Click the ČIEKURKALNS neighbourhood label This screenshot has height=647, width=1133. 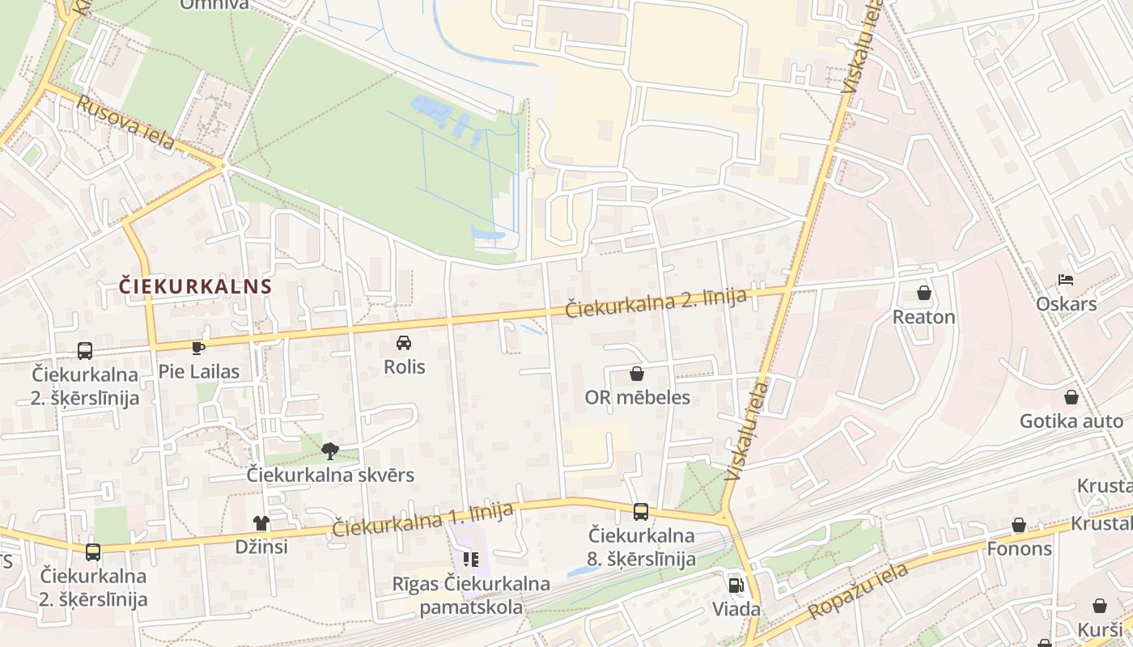pyautogui.click(x=195, y=286)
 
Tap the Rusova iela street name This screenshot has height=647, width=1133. pyautogui.click(x=125, y=123)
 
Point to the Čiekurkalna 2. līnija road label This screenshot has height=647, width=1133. pyautogui.click(x=655, y=302)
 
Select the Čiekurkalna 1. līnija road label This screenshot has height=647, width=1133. pyautogui.click(x=422, y=519)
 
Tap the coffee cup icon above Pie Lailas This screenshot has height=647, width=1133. pyautogui.click(x=198, y=348)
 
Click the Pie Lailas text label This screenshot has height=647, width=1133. pyautogui.click(x=199, y=372)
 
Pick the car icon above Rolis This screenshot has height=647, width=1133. pyautogui.click(x=404, y=343)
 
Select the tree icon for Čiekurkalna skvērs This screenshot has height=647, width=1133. pyautogui.click(x=329, y=450)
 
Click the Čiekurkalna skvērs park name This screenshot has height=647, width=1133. pyautogui.click(x=330, y=475)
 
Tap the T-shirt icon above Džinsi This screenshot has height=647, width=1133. pyautogui.click(x=261, y=523)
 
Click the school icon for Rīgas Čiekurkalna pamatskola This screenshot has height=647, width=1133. pyautogui.click(x=471, y=559)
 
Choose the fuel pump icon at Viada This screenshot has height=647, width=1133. pyautogui.click(x=736, y=585)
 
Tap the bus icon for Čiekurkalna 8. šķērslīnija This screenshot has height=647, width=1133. pyautogui.click(x=641, y=511)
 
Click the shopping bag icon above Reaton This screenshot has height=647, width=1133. pyautogui.click(x=923, y=293)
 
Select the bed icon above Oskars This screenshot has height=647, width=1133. pyautogui.click(x=1066, y=280)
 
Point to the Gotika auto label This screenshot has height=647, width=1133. pyautogui.click(x=1071, y=421)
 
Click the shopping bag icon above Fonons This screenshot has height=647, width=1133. pyautogui.click(x=1019, y=525)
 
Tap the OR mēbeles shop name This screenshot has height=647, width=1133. pyautogui.click(x=638, y=397)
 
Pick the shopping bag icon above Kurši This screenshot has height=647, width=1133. pyautogui.click(x=1100, y=606)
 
